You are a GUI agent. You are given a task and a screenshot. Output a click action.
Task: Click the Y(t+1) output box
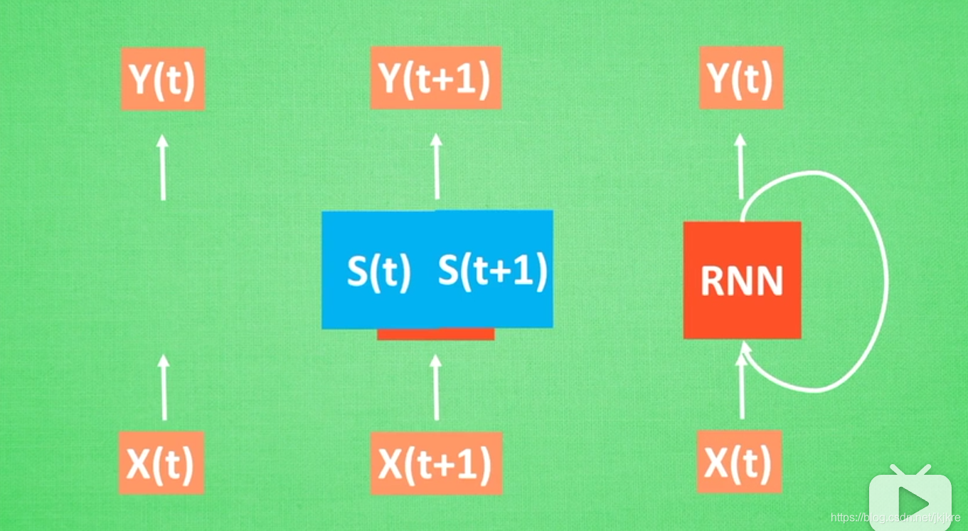point(435,78)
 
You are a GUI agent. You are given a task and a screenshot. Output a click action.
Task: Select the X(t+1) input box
point(436,463)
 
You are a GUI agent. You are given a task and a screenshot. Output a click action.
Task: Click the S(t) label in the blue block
point(378,271)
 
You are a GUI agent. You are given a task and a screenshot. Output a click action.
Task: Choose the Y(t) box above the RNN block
point(741,78)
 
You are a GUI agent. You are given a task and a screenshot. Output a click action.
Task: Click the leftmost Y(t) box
point(163,79)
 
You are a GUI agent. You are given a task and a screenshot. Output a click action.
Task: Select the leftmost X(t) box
point(161,463)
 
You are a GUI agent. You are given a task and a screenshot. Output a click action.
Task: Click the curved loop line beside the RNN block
point(885,281)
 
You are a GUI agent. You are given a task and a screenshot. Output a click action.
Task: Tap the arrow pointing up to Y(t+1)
point(436,167)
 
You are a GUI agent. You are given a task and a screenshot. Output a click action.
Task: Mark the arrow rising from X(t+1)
point(436,387)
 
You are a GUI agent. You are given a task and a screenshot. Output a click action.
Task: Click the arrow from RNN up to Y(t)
point(740,167)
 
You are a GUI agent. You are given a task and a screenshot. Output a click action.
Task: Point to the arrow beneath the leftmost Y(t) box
point(163,167)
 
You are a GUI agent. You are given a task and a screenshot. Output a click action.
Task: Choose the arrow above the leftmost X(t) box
point(164,387)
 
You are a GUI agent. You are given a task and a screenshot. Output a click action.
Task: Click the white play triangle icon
point(912,503)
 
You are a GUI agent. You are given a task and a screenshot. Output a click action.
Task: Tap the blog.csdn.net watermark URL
point(895,517)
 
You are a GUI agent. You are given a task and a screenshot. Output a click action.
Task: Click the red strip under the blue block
point(435,334)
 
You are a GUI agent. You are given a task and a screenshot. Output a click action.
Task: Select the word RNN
point(742,282)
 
